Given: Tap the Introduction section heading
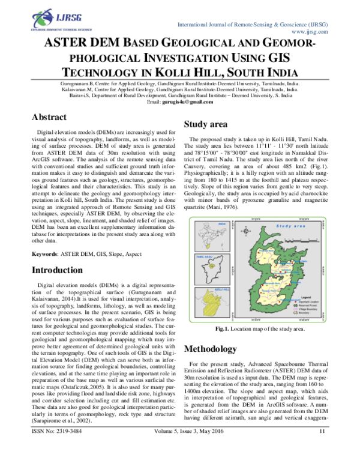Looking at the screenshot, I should point(61,270).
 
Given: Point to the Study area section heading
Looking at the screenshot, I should point(205,125).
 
